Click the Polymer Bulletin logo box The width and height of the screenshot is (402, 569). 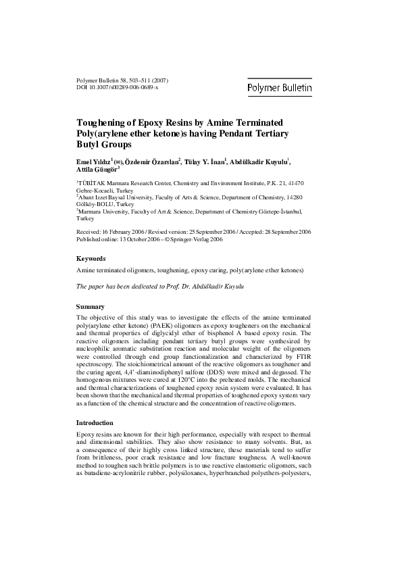(279, 88)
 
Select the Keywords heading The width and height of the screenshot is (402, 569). (91, 258)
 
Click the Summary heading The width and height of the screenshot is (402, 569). (91, 307)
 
